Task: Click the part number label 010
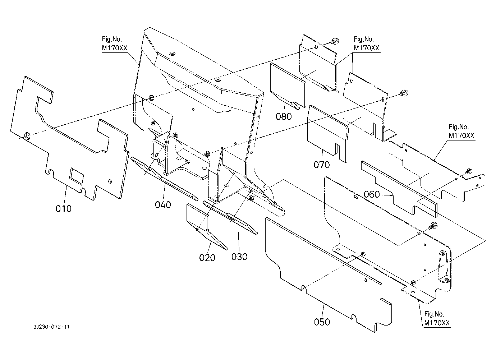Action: pyautogui.click(x=64, y=209)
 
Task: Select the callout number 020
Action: pyautogui.click(x=207, y=258)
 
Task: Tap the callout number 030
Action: pyautogui.click(x=239, y=257)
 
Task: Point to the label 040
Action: pyautogui.click(x=163, y=205)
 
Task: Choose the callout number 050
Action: pyautogui.click(x=322, y=322)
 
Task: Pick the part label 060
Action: pyautogui.click(x=372, y=194)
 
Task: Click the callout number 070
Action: pyautogui.click(x=322, y=165)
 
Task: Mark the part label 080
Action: pyautogui.click(x=284, y=116)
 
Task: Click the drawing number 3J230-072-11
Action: pyautogui.click(x=52, y=327)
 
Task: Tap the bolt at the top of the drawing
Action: pyautogui.click(x=334, y=41)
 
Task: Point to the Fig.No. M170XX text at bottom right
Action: pyautogui.click(x=437, y=319)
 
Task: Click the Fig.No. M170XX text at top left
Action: pyautogui.click(x=115, y=43)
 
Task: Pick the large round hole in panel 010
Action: pyautogui.click(x=27, y=135)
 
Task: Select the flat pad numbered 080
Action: pyautogui.click(x=288, y=86)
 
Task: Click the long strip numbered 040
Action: pyautogui.click(x=164, y=179)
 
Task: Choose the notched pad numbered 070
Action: pyautogui.click(x=328, y=134)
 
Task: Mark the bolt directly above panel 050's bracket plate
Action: pyautogui.click(x=432, y=226)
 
